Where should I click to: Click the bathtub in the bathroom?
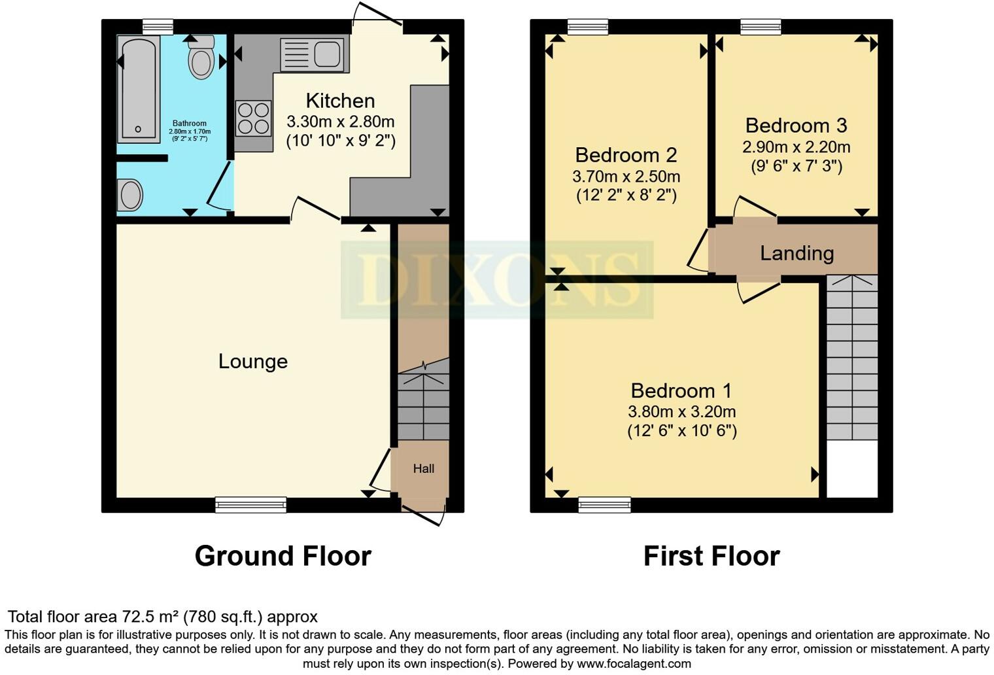[138, 90]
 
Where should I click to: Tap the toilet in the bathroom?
[201, 60]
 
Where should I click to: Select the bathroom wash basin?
[130, 195]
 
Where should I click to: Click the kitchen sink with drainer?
[312, 54]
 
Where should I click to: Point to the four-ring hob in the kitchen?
[253, 118]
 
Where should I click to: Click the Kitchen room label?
[340, 101]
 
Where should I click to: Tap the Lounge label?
[253, 361]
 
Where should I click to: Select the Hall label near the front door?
[423, 468]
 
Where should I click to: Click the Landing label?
[797, 253]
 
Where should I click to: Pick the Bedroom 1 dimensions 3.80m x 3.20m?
[681, 411]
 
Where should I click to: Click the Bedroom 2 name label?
[626, 155]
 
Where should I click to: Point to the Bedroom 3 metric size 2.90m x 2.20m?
[796, 147]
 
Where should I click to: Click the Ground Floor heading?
[283, 556]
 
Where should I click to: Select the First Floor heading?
[711, 556]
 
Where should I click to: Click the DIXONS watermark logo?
[497, 279]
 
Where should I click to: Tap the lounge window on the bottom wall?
[251, 504]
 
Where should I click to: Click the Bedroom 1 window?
[604, 504]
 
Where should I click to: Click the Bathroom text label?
[189, 123]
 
